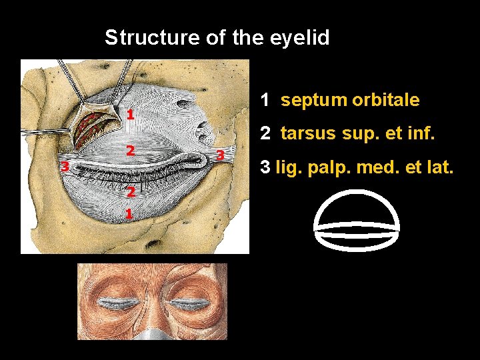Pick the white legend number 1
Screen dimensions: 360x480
coord(265,100)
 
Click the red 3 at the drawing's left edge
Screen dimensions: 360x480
coord(65,166)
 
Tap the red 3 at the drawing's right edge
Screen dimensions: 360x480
coord(220,155)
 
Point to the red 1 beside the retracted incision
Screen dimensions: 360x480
coord(131,114)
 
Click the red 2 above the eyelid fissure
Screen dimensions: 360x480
coord(132,151)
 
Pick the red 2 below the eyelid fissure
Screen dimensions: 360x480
coord(131,192)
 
